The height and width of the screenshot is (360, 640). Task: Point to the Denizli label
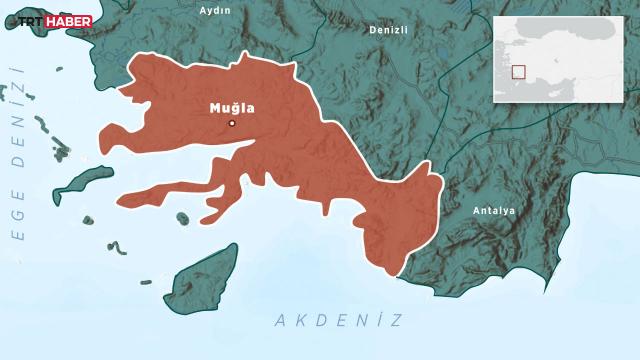tap(388, 30)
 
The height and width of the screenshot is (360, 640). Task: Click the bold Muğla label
tap(231, 106)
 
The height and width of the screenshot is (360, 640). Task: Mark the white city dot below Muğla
tap(232, 123)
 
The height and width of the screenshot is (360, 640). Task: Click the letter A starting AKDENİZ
tap(279, 320)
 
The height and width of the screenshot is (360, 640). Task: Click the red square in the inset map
tap(518, 71)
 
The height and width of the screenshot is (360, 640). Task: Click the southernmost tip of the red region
tap(392, 274)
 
